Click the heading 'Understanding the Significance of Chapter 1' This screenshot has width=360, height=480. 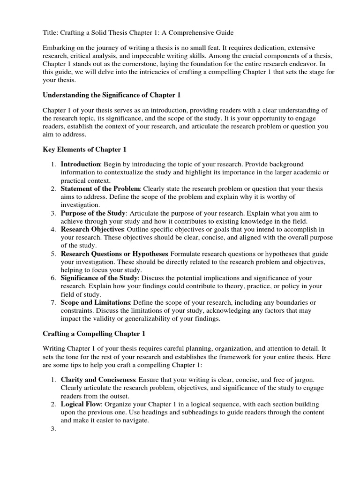tap(112, 95)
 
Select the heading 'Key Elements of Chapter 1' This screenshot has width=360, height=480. tap(84, 149)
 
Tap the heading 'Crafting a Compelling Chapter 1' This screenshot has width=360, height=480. tap(94, 334)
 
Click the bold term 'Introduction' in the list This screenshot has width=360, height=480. tap(81, 164)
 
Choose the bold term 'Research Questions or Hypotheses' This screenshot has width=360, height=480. tap(114, 254)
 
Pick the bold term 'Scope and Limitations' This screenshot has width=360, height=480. tap(95, 302)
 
